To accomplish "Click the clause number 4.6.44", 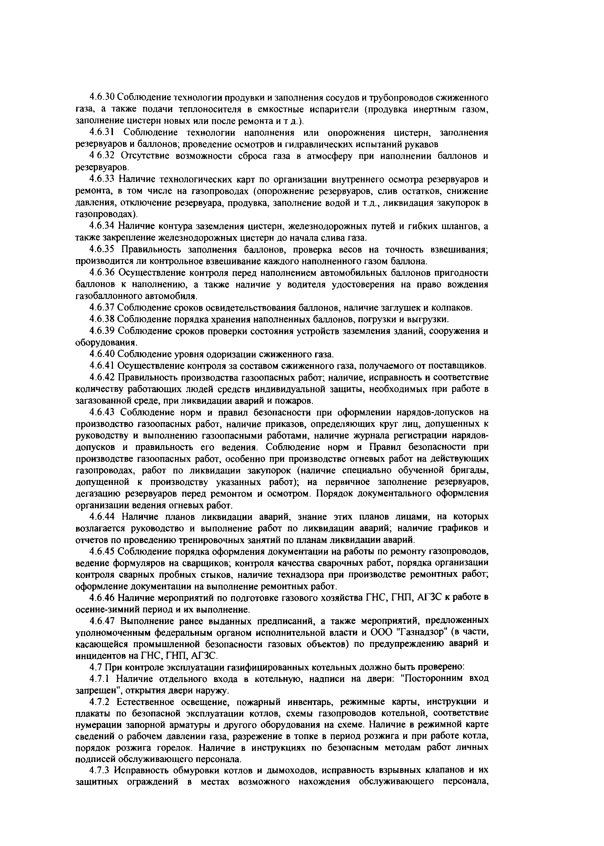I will tap(102, 517).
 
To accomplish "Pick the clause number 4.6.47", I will tap(102, 621).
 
